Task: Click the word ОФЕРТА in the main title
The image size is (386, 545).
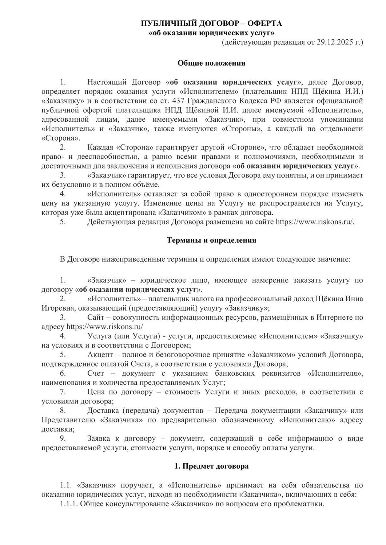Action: [x=264, y=24]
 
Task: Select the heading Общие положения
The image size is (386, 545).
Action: [x=211, y=63]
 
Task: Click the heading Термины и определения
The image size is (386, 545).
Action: [x=211, y=240]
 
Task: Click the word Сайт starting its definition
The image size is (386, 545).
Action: [x=96, y=318]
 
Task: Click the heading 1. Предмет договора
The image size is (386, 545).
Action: [x=211, y=467]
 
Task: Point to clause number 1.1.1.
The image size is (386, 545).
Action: [x=69, y=504]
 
